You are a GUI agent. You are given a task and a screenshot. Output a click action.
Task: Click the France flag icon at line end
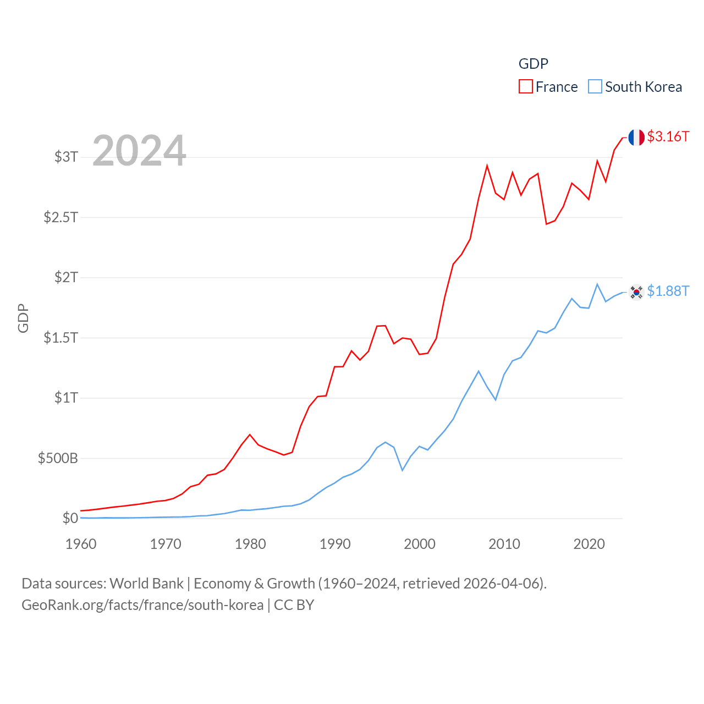pyautogui.click(x=636, y=137)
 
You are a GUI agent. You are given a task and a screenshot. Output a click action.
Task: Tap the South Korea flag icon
pyautogui.click(x=636, y=292)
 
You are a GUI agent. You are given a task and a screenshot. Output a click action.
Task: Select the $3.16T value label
pyautogui.click(x=668, y=136)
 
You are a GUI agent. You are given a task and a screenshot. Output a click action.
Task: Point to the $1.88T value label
pyautogui.click(x=668, y=291)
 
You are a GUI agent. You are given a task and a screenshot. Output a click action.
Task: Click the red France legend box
pyautogui.click(x=525, y=87)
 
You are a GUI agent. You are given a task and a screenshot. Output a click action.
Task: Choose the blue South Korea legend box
pyautogui.click(x=595, y=87)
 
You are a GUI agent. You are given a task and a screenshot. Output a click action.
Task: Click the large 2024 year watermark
pyautogui.click(x=139, y=150)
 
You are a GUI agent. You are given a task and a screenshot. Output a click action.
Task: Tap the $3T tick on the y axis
pyautogui.click(x=66, y=157)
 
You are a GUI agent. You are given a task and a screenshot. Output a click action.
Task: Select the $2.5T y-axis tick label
pyautogui.click(x=61, y=217)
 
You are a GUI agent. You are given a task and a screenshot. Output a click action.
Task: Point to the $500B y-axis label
pyautogui.click(x=58, y=458)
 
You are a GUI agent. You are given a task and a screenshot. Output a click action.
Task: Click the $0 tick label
pyautogui.click(x=70, y=518)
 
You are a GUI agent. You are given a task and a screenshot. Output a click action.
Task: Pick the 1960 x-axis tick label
pyautogui.click(x=81, y=544)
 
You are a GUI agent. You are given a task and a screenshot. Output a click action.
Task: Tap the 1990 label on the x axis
pyautogui.click(x=335, y=544)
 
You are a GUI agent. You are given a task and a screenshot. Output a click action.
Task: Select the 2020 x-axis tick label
pyautogui.click(x=589, y=544)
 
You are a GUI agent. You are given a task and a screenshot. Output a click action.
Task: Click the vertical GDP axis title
pyautogui.click(x=23, y=318)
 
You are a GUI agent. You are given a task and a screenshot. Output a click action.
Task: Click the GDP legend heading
pyautogui.click(x=533, y=64)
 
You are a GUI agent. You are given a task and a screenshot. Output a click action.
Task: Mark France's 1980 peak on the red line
pyautogui.click(x=250, y=435)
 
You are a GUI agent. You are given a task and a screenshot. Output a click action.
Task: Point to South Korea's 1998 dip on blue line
pyautogui.click(x=403, y=470)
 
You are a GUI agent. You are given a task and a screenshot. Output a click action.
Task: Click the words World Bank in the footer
pyautogui.click(x=146, y=583)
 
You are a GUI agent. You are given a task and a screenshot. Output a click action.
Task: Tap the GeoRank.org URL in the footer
pyautogui.click(x=142, y=605)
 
